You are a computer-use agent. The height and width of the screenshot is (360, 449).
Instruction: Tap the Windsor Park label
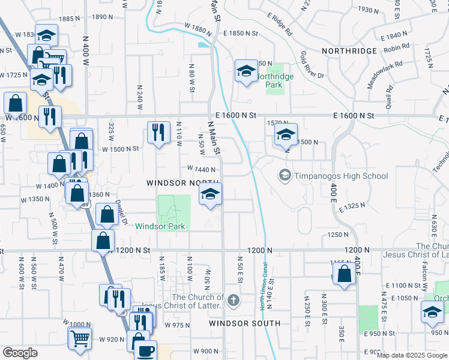pyautogui.click(x=160, y=226)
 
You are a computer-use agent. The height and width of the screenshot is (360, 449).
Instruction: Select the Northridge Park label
pyautogui.click(x=270, y=80)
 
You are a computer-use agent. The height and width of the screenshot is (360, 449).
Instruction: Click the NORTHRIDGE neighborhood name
pyautogui.click(x=349, y=52)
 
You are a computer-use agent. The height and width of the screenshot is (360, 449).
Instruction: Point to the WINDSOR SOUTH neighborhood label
pyautogui.click(x=244, y=323)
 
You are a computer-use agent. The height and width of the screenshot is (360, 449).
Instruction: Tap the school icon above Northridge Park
pyautogui.click(x=246, y=71)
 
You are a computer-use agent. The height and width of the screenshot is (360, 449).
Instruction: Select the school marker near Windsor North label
pyautogui.click(x=210, y=194)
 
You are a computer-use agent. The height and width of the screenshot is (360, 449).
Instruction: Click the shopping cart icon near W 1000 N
pyautogui.click(x=80, y=337)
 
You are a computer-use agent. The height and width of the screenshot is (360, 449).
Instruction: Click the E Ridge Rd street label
pyautogui.click(x=280, y=25)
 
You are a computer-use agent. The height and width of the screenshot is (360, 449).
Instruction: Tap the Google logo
pyautogui.click(x=20, y=353)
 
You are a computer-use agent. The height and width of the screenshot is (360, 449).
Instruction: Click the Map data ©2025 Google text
pyautogui.click(x=412, y=355)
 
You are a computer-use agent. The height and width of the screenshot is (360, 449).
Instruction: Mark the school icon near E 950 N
pyautogui.click(x=432, y=311)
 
